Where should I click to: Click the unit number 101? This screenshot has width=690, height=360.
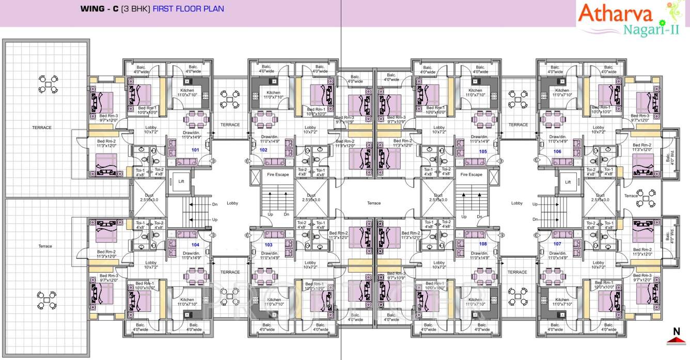point(195,150)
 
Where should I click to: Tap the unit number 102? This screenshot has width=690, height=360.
point(263,150)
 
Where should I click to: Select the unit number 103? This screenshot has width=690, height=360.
point(268,244)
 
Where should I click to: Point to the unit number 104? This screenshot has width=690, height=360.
point(195,244)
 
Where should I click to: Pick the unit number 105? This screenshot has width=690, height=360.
point(483,151)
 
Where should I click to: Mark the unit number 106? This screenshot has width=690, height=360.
point(557,151)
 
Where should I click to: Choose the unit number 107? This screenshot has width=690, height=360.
point(557,243)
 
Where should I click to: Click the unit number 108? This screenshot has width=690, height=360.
point(483,243)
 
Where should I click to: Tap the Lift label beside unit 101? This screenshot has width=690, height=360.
point(181,181)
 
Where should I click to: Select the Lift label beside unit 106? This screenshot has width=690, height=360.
point(568,182)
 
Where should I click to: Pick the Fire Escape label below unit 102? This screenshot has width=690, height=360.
point(278,175)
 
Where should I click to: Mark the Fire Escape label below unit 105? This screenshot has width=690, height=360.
point(471,175)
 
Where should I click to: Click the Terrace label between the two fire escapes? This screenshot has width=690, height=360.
point(374,203)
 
